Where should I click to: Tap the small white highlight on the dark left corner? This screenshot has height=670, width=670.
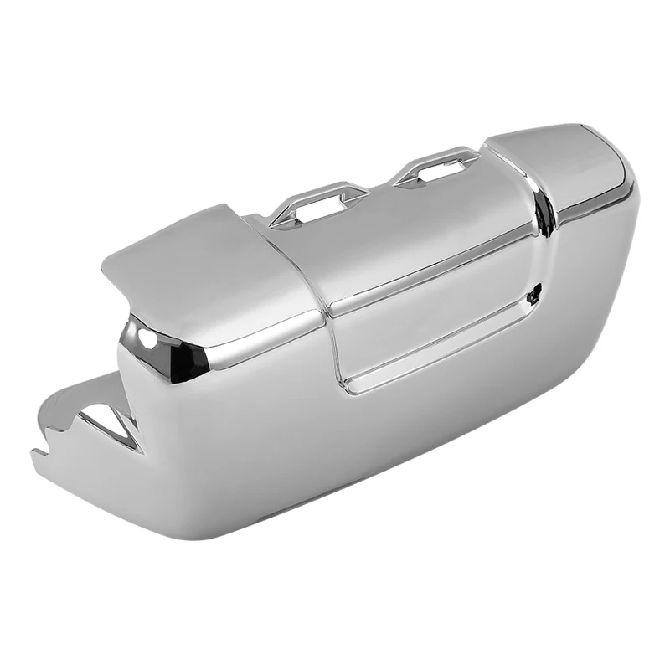(147, 338)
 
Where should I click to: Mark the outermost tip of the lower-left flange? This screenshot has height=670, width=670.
(35, 456)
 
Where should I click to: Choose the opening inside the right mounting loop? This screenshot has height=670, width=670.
(438, 170)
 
